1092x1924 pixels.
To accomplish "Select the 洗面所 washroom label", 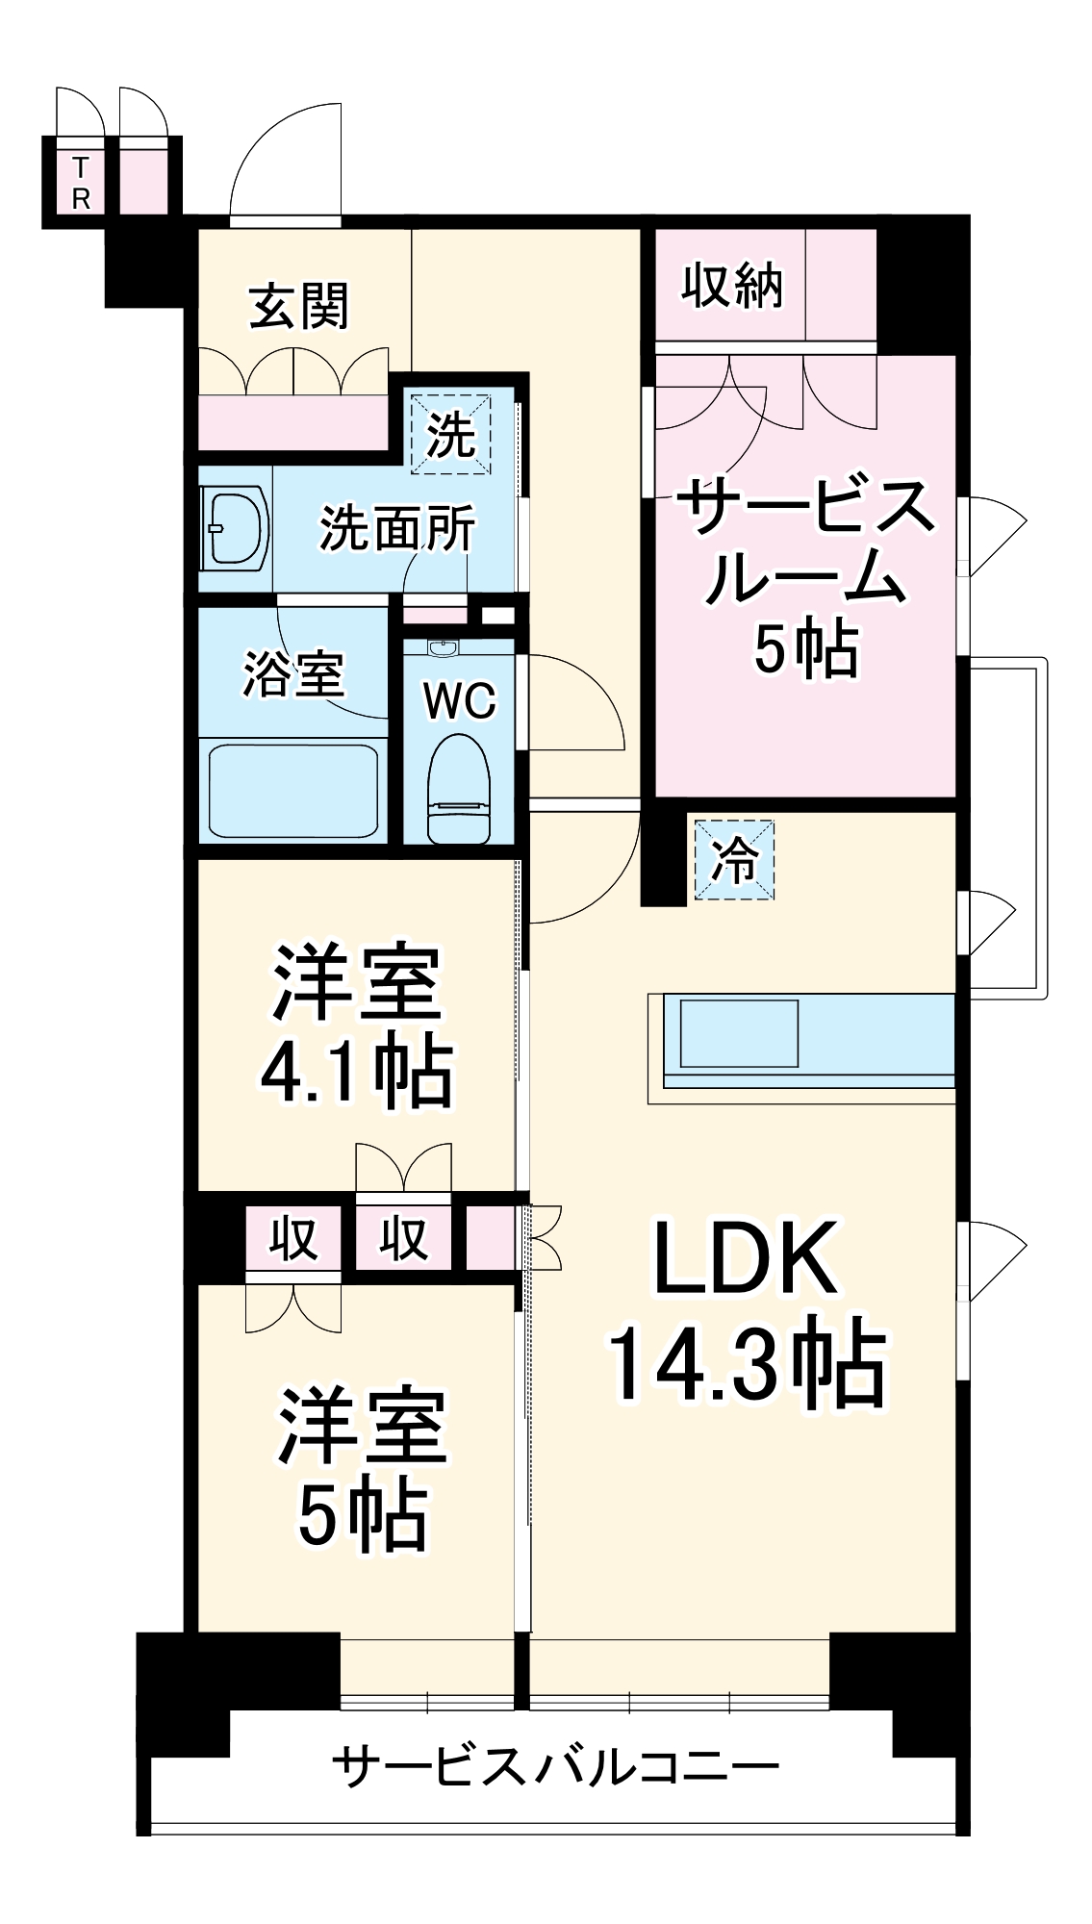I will pyautogui.click(x=397, y=528).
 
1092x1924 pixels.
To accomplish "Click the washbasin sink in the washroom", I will pyautogui.click(x=235, y=528).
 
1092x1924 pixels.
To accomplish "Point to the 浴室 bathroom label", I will pyautogui.click(x=292, y=673).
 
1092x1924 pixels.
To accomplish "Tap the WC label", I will pyautogui.click(x=460, y=701).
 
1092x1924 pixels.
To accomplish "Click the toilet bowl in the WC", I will pyautogui.click(x=459, y=787).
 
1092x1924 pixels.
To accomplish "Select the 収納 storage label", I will pyautogui.click(x=732, y=285).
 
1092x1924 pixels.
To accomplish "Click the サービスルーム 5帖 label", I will pyautogui.click(x=806, y=577).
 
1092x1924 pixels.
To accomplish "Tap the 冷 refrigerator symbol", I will pyautogui.click(x=734, y=859).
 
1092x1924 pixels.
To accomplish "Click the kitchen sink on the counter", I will pyautogui.click(x=739, y=1033).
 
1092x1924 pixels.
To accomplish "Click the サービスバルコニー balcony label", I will pyautogui.click(x=555, y=1766).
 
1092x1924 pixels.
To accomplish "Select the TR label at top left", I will pyautogui.click(x=81, y=183).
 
